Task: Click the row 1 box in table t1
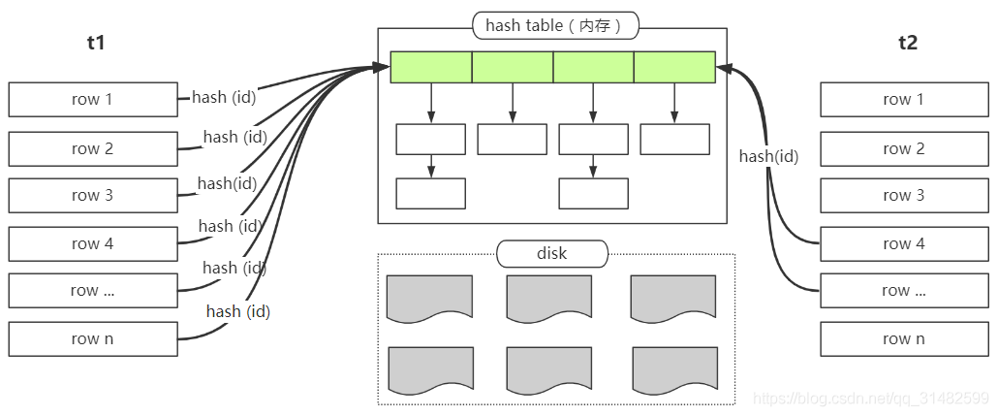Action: tap(93, 99)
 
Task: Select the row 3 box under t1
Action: tap(93, 195)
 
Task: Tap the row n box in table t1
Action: tap(93, 338)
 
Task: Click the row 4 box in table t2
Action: tap(903, 243)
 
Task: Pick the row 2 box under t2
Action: tap(903, 148)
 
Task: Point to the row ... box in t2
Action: tap(903, 290)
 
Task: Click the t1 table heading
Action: tap(95, 43)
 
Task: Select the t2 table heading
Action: tap(908, 43)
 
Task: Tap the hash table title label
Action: tap(555, 25)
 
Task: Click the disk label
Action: tap(551, 254)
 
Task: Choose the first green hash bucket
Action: tap(431, 67)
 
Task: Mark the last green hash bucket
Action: tap(674, 67)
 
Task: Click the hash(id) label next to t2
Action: tap(768, 156)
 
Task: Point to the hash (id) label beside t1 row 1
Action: tap(223, 97)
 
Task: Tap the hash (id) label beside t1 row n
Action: tap(237, 311)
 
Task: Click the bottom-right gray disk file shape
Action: tap(674, 368)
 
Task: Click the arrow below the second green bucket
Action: tap(513, 103)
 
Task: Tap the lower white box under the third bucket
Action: tap(593, 193)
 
